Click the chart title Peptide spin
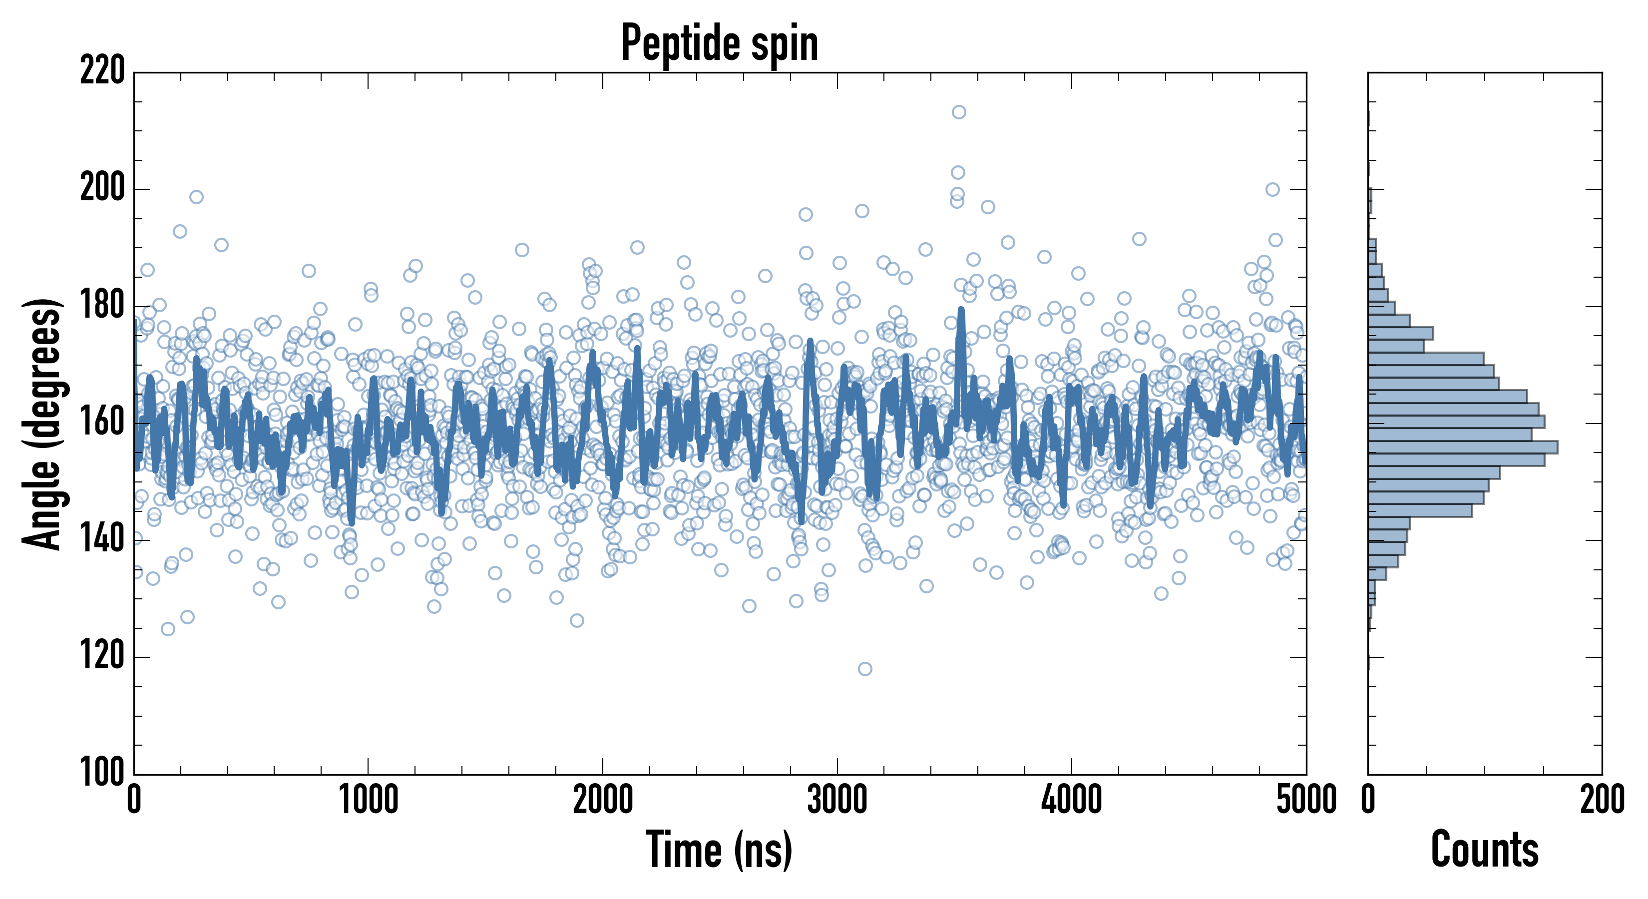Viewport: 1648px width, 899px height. point(720,43)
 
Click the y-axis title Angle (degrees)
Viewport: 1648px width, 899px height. point(42,423)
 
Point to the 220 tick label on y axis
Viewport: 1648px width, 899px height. point(102,71)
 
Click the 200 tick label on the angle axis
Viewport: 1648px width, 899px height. point(102,189)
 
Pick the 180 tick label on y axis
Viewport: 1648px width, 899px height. point(102,306)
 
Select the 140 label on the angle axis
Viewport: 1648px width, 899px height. point(102,540)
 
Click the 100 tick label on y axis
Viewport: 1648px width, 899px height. point(102,774)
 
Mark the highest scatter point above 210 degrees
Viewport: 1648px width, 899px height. point(958,112)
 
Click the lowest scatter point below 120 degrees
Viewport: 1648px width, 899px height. point(865,669)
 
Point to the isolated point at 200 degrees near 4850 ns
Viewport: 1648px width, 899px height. point(1272,189)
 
